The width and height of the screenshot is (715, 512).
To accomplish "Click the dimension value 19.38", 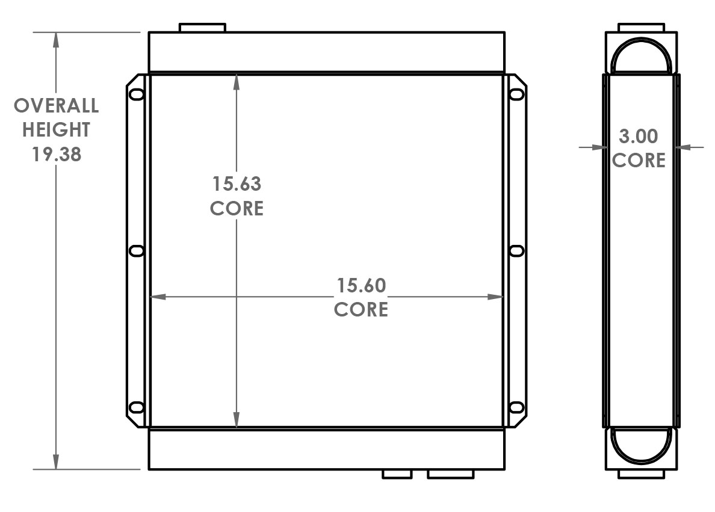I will [57, 154].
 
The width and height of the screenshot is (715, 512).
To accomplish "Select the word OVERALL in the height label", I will [57, 106].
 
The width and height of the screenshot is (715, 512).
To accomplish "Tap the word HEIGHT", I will [57, 130].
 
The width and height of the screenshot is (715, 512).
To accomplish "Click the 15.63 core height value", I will [236, 183].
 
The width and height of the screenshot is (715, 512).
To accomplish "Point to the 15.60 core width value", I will [361, 285].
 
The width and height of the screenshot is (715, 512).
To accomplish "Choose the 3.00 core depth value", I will [639, 137].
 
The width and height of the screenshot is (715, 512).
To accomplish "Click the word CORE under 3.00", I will [639, 161].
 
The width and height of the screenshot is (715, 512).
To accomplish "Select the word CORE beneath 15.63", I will [236, 208].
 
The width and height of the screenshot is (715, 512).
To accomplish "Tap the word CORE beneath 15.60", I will [361, 309].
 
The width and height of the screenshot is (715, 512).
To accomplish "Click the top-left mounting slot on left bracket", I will [137, 94].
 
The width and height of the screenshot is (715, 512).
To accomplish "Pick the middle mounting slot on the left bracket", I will [137, 251].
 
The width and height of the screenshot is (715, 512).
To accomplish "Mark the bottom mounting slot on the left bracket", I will [137, 407].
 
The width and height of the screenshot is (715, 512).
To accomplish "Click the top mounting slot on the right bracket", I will [516, 94].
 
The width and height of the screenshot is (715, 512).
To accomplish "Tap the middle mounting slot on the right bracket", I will [516, 251].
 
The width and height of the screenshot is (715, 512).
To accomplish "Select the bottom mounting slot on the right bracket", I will [516, 407].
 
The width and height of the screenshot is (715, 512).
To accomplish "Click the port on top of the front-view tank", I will [202, 28].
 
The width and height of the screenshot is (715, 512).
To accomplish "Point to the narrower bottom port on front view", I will [397, 474].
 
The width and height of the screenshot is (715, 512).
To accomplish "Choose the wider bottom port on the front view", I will [451, 474].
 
